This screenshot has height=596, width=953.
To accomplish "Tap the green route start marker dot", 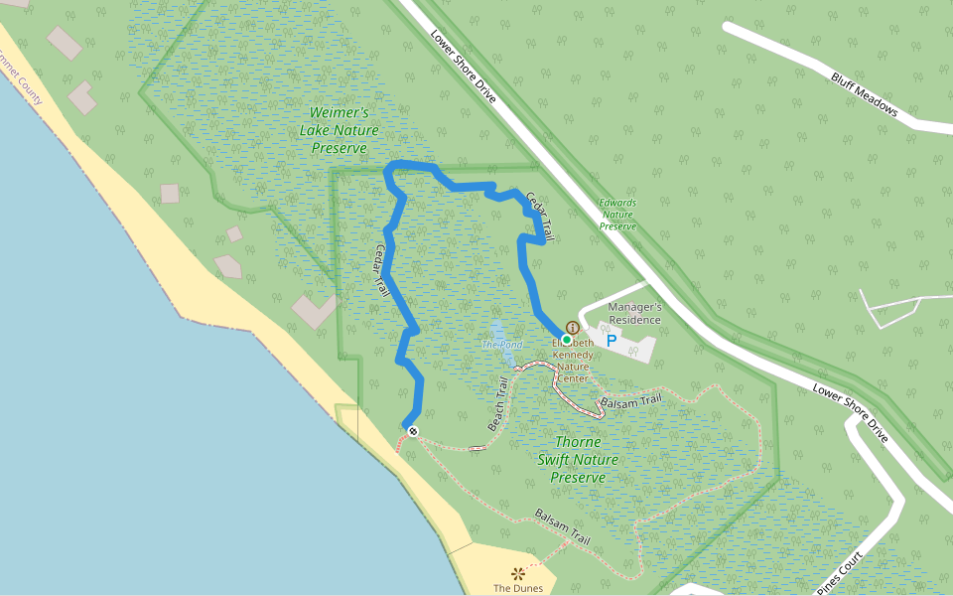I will [x=567, y=340].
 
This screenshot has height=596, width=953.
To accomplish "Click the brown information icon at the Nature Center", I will [x=573, y=328].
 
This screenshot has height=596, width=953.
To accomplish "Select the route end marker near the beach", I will [x=413, y=431].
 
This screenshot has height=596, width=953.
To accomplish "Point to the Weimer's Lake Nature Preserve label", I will [x=340, y=130].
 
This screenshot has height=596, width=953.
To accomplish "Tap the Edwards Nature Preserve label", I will [x=617, y=214].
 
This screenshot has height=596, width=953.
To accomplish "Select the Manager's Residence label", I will [x=634, y=313].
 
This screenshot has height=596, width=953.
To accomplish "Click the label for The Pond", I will [x=501, y=345].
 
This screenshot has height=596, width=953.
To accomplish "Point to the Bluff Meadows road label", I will [x=864, y=93].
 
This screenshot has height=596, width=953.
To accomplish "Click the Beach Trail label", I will [x=498, y=403].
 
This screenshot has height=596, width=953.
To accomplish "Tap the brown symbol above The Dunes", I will [x=517, y=573].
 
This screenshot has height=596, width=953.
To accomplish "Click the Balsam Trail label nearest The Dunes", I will [x=563, y=526].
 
